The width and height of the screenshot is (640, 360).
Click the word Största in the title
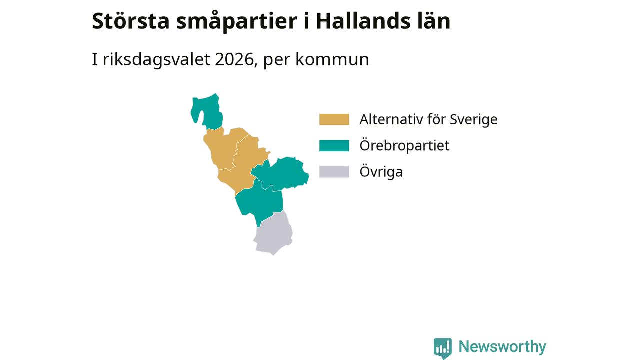click(x=131, y=21)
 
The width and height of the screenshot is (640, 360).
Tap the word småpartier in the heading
click(x=237, y=22)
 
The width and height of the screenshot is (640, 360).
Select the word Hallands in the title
click(x=363, y=21)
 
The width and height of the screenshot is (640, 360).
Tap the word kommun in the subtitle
click(x=332, y=59)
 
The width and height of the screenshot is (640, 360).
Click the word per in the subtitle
click(x=276, y=61)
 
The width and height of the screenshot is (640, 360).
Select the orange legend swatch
click(x=334, y=119)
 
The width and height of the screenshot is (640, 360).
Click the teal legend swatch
click(x=334, y=145)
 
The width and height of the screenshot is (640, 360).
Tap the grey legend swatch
click(x=334, y=172)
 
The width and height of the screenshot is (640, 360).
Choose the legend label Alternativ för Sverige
click(x=428, y=119)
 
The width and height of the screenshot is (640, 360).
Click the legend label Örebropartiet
click(x=404, y=145)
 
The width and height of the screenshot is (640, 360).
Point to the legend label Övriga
click(x=381, y=171)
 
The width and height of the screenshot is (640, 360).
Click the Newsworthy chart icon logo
click(x=443, y=348)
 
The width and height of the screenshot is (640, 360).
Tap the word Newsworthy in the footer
click(x=502, y=347)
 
